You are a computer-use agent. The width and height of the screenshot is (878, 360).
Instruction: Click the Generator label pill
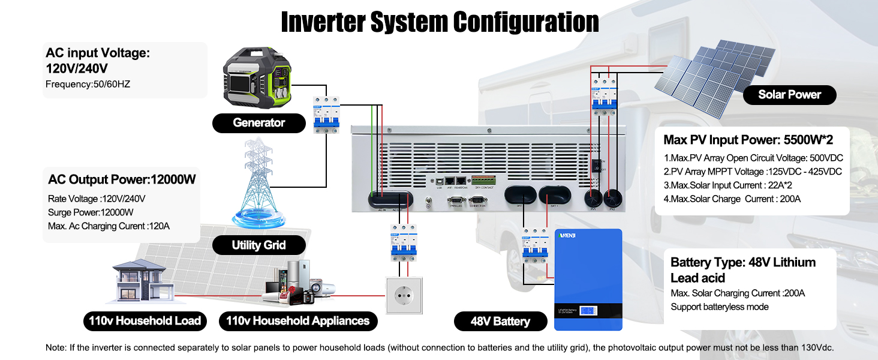pos(258,122)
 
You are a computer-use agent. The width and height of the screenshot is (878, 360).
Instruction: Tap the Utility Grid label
pos(258,245)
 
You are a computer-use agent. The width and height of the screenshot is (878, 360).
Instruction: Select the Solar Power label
pos(789,94)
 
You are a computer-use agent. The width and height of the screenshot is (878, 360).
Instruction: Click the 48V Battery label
pos(500,321)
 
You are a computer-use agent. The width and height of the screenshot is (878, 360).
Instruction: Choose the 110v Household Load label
pos(145,320)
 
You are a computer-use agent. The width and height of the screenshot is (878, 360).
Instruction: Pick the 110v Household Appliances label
pos(297,320)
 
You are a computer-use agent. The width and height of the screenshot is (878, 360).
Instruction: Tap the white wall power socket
pos(404,295)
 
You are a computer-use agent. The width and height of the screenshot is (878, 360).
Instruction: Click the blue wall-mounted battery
pos(588,279)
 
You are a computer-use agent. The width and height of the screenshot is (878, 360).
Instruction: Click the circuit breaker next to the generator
pos(326,114)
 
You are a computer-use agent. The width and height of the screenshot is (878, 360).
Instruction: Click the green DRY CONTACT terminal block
pos(483,179)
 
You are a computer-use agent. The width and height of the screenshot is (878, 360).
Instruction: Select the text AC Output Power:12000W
pos(122,179)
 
